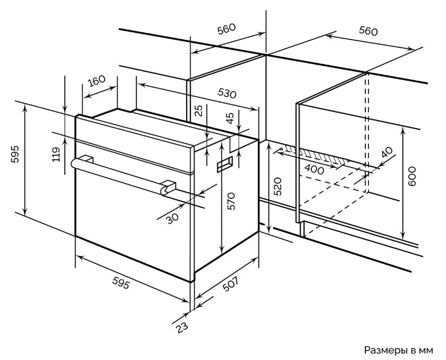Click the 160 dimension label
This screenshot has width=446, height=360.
(97, 82)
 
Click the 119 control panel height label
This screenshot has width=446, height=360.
(57, 154)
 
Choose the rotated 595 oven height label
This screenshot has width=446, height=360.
(15, 154)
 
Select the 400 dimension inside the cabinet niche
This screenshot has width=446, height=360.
(314, 169)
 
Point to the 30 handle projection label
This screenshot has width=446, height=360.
(173, 219)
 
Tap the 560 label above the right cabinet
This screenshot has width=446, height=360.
(368, 31)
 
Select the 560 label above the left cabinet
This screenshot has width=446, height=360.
(226, 29)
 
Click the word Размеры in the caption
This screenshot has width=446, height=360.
(384, 350)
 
